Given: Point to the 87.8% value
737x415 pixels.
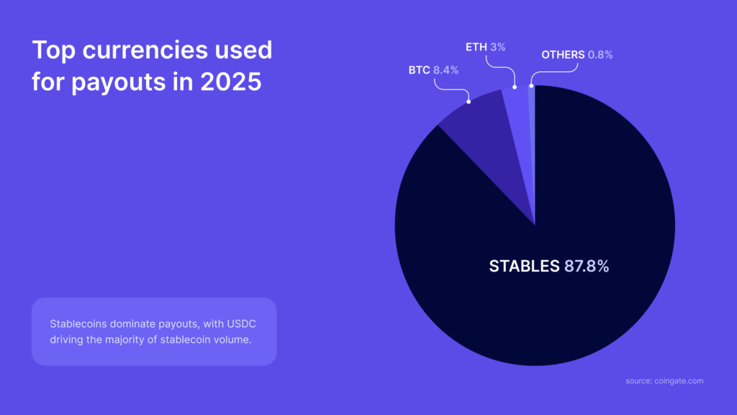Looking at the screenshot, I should click(x=586, y=266).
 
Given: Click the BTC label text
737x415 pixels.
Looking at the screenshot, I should click(x=419, y=71).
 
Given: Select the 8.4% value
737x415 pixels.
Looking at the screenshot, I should click(x=446, y=71).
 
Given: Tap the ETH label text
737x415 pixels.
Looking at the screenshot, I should click(x=476, y=48).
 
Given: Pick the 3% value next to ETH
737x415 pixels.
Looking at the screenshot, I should click(x=497, y=48).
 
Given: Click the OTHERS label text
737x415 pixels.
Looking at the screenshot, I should click(x=563, y=55).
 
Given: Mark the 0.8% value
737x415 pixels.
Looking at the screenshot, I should click(x=600, y=55).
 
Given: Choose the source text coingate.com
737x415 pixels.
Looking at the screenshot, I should click(x=680, y=380).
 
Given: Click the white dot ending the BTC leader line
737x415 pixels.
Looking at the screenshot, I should click(x=469, y=102).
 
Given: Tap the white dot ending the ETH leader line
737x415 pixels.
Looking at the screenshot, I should click(x=515, y=87).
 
